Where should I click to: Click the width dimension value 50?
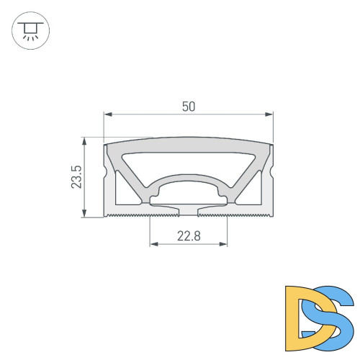tap(189, 106)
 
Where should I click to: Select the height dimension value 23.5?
tap(77, 176)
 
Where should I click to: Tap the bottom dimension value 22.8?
tap(189, 235)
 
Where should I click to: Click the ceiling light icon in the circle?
tap(30, 32)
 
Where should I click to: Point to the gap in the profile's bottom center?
tap(189, 212)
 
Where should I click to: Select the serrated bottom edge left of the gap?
tap(130, 214)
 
